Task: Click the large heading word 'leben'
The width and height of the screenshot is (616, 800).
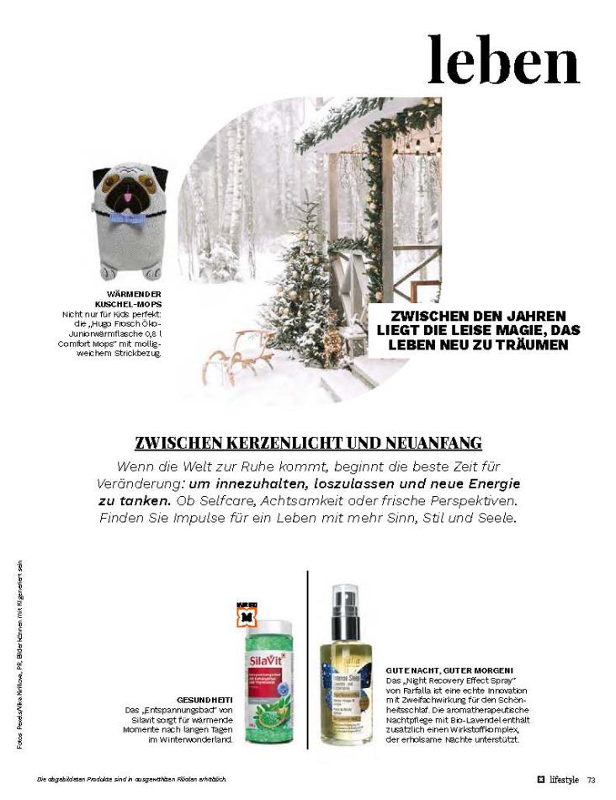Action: (x=503, y=60)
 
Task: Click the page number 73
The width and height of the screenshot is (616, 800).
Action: (x=592, y=779)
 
